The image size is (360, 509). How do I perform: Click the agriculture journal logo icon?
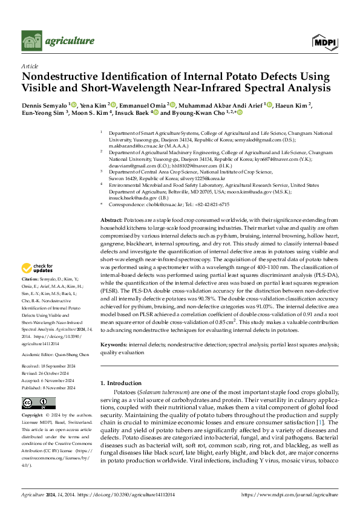pyautogui.click(x=31, y=41)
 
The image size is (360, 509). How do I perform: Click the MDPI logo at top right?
pyautogui.click(x=325, y=41)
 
